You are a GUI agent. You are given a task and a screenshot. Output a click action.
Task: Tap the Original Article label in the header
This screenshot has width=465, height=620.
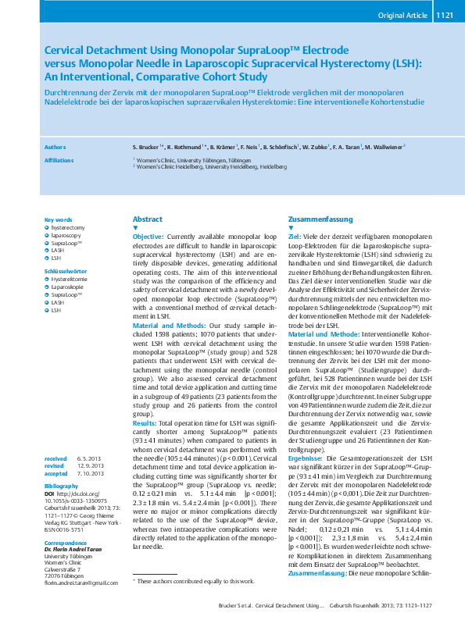pyautogui.click(x=402, y=14)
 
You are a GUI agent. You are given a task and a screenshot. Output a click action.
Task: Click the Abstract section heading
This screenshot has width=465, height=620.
pyautogui.click(x=148, y=219)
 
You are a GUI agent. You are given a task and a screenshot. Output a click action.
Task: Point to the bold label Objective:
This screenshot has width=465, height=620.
pyautogui.click(x=148, y=236)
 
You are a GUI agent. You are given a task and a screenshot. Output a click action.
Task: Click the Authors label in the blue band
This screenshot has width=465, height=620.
pyautogui.click(x=55, y=146)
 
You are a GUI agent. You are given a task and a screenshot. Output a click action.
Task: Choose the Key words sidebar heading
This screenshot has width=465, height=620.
pyautogui.click(x=59, y=219)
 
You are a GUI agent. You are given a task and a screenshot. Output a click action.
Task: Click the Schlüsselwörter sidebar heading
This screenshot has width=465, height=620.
pyautogui.click(x=65, y=269)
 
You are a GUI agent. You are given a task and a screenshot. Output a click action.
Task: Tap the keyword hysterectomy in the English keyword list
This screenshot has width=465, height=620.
pyautogui.click(x=68, y=227)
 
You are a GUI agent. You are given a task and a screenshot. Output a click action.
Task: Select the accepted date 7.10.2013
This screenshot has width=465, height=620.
pyautogui.click(x=89, y=473)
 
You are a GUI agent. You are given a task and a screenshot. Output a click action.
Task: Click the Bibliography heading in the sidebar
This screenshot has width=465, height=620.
pyautogui.click(x=62, y=486)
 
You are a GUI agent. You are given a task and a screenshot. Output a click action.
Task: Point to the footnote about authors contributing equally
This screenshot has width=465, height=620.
pyautogui.click(x=184, y=580)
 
